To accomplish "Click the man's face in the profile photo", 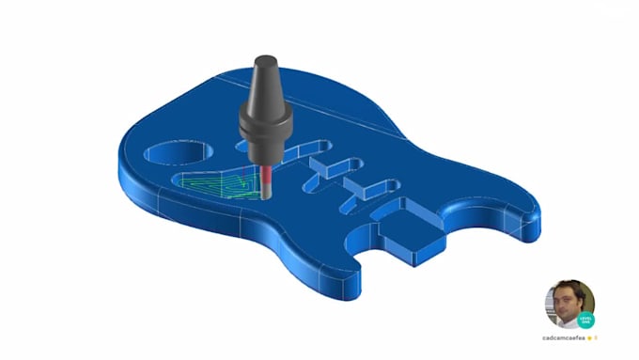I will click(x=566, y=301).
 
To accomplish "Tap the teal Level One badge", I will click(x=586, y=320).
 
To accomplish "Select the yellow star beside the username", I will click(x=589, y=336).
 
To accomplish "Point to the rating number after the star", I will click(x=596, y=336).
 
